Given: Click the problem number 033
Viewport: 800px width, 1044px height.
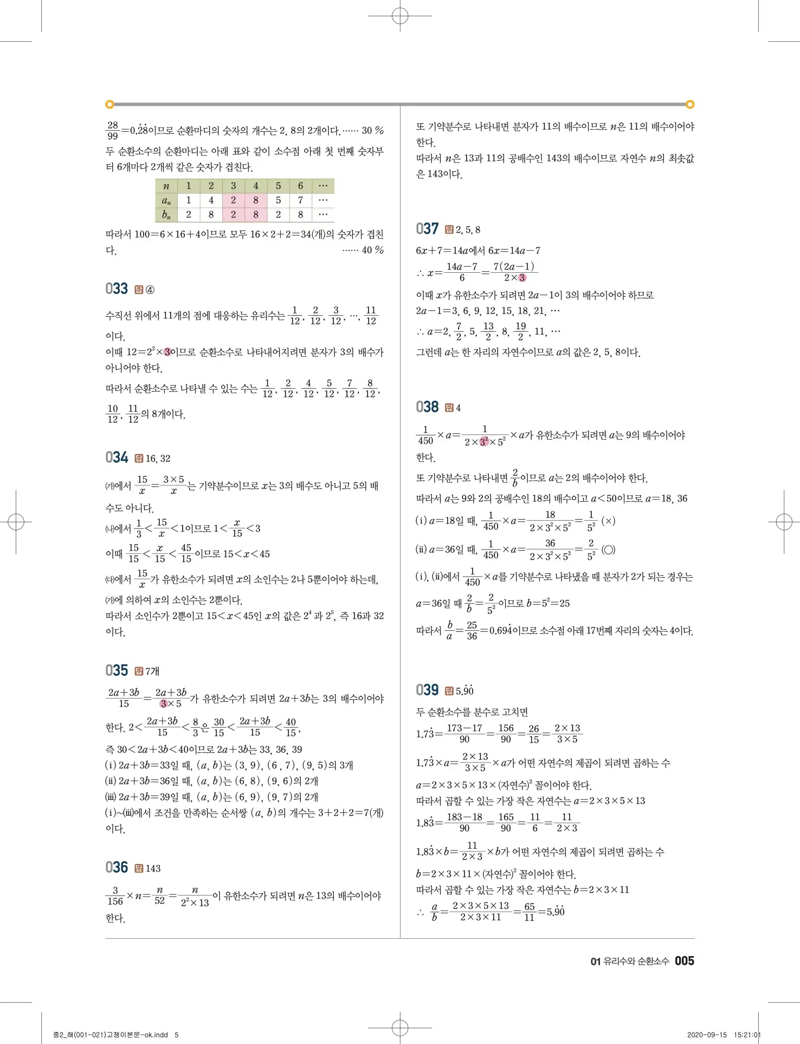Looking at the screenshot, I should (117, 289).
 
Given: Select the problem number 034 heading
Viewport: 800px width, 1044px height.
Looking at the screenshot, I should (117, 457).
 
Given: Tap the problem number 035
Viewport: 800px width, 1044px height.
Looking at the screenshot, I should (117, 670).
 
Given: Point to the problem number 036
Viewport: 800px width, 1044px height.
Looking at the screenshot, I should (117, 867).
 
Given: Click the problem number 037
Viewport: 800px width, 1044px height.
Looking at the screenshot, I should (427, 229).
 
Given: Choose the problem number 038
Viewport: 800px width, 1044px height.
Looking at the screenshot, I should (427, 407).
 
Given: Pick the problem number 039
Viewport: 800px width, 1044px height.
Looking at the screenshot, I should (427, 690).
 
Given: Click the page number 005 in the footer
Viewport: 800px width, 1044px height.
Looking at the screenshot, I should (685, 961).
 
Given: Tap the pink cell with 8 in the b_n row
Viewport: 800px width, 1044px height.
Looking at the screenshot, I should (256, 215).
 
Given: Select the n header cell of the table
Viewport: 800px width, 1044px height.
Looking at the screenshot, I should (166, 186).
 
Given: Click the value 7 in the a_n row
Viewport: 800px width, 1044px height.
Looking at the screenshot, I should (300, 200).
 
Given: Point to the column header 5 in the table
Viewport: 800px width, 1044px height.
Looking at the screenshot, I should (278, 186).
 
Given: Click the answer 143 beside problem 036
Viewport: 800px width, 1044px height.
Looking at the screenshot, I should (153, 868).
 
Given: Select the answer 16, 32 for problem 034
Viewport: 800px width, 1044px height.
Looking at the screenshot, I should (158, 458).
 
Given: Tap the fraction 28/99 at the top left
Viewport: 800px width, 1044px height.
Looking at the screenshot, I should (113, 130).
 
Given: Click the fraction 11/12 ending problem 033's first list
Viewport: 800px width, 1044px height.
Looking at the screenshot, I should (371, 315).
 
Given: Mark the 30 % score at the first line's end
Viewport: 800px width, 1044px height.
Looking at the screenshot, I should (372, 130).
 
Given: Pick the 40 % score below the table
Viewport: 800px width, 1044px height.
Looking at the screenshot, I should (372, 250).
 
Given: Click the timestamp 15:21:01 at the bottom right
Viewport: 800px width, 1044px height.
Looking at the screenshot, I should (747, 1035).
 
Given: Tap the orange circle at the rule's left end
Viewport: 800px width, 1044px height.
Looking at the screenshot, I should (109, 104).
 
